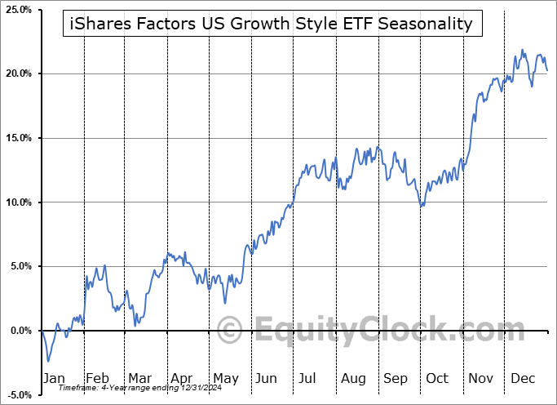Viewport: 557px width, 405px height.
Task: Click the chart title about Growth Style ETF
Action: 272,24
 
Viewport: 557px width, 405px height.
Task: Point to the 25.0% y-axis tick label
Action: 18,9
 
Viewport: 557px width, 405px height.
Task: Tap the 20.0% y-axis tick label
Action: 18,73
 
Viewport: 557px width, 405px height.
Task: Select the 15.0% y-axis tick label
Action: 18,138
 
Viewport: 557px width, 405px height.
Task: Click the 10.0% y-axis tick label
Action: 18,202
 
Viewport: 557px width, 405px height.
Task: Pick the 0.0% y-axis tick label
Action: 20,331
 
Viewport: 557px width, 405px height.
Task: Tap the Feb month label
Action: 97,378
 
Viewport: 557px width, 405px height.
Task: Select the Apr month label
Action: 182,378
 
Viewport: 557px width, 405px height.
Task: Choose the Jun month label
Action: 267,378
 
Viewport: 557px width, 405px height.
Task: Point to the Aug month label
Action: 353,378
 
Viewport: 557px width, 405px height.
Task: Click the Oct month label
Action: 438,378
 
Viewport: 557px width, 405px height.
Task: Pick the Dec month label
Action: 524,378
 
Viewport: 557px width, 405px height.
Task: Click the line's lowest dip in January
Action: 48,361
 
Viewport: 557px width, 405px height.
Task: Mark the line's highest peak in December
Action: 522,50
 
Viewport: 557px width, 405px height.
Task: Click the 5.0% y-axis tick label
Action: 20,266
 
